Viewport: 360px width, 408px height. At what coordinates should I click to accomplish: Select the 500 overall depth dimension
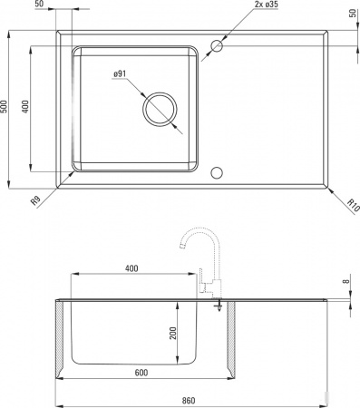(6, 107)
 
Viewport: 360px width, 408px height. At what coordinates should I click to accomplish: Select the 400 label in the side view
(131, 268)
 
